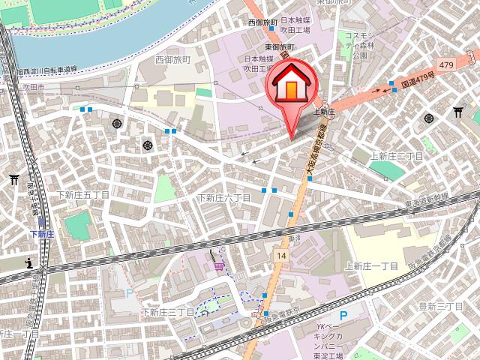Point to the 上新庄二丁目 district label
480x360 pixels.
(x=397, y=155)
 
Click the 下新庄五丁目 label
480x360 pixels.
(x=83, y=195)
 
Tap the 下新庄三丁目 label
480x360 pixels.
(x=168, y=311)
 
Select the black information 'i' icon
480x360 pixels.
(x=29, y=262)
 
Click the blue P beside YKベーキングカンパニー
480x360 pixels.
(x=344, y=317)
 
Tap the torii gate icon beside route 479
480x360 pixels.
(x=458, y=112)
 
